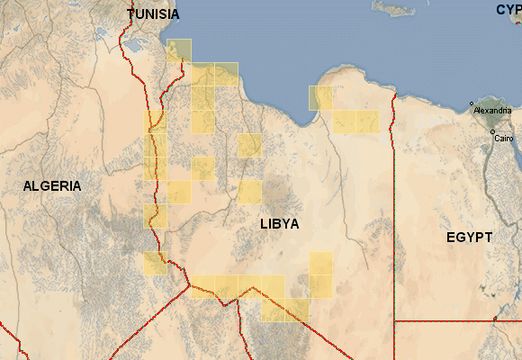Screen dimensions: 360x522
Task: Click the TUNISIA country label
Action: (153, 14)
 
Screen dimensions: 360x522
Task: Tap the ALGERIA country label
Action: (52, 186)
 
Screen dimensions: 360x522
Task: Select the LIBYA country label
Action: (279, 223)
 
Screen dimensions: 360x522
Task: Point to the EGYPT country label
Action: (469, 238)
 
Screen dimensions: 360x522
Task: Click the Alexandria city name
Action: (491, 110)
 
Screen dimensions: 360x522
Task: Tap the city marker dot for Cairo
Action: (492, 132)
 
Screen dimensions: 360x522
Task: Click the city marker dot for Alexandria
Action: (472, 103)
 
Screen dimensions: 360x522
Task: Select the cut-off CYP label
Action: (508, 10)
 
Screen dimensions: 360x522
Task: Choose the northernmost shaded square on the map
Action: (180, 50)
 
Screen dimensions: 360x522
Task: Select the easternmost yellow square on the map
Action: (367, 121)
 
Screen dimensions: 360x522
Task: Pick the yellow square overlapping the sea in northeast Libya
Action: (320, 97)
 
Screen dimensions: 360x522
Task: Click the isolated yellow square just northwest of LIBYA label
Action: (249, 192)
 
